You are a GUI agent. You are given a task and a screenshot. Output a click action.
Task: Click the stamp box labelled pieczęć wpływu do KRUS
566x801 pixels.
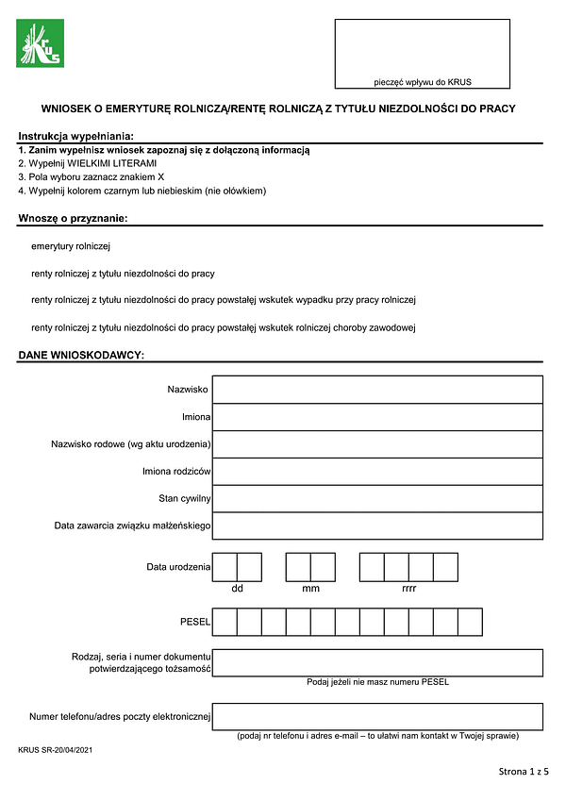pos(422,54)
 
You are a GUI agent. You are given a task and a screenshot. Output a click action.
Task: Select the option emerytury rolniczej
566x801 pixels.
pos(71,246)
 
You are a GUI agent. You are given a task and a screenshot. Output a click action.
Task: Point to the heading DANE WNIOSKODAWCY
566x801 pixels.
pos(80,355)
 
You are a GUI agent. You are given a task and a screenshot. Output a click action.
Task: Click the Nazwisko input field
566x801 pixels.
pos(377,389)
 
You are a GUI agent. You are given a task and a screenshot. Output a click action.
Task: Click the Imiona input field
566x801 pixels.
pos(377,416)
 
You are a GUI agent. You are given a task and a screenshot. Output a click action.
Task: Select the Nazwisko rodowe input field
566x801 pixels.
pos(377,443)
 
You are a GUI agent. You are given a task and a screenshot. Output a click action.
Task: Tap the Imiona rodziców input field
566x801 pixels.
pos(377,471)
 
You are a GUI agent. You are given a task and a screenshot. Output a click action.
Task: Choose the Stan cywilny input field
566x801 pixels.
pos(377,498)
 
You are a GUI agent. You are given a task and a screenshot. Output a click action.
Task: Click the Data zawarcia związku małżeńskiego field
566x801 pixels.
pos(377,526)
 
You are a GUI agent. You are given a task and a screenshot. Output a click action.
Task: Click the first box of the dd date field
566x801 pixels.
pos(225,566)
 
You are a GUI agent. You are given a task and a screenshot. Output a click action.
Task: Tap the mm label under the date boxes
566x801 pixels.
pos(310,589)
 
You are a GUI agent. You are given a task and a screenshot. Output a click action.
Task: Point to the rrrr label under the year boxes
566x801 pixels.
pos(408,589)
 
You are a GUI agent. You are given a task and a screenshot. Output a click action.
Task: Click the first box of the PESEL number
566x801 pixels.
pos(225,623)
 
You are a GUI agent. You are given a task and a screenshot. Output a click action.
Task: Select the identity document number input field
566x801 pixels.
pos(377,663)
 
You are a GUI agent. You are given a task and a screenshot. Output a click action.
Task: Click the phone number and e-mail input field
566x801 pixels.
pos(377,717)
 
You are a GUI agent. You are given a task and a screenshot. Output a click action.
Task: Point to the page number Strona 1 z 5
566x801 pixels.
pos(523,772)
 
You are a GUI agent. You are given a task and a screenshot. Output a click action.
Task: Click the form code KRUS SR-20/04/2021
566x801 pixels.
pos(55,749)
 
